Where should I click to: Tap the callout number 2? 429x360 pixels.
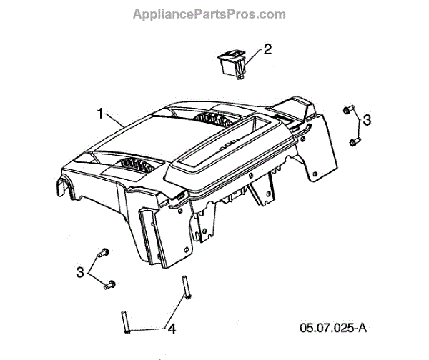click(x=267, y=49)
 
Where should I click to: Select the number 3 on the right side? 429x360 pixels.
click(x=367, y=120)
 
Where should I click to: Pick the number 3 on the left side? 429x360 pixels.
click(x=81, y=271)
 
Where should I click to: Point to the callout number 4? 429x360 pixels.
click(x=170, y=329)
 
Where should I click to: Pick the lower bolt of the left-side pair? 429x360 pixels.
click(x=109, y=286)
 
